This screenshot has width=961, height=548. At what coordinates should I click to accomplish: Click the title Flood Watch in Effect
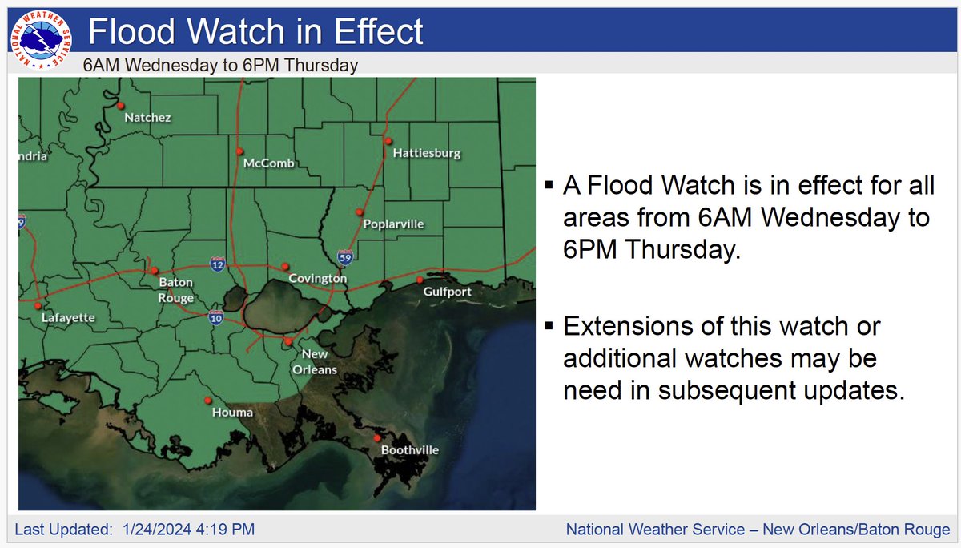tap(255, 33)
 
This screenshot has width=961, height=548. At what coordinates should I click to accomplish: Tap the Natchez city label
tap(147, 118)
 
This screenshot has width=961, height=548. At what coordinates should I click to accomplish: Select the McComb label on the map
tap(269, 163)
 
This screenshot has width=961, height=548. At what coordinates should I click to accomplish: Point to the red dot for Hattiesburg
tap(388, 141)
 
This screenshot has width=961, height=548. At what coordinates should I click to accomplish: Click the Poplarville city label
tap(392, 224)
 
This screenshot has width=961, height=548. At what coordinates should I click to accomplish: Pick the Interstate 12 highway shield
tap(217, 262)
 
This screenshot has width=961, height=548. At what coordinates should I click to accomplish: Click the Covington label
tap(318, 279)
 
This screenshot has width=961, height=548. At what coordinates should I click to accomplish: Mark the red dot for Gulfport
tap(420, 280)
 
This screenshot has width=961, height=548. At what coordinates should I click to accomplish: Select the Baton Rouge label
tap(176, 290)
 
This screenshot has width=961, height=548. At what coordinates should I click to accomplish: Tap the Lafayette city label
tap(68, 318)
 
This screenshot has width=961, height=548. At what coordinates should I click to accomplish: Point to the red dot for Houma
tap(208, 401)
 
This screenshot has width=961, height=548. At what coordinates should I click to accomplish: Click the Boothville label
tap(409, 450)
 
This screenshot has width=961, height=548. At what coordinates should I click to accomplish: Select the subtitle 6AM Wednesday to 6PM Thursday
tap(220, 66)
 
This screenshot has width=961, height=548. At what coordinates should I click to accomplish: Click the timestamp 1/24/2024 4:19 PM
tap(190, 530)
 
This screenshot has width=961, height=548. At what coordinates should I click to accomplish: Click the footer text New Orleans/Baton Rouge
tap(856, 530)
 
